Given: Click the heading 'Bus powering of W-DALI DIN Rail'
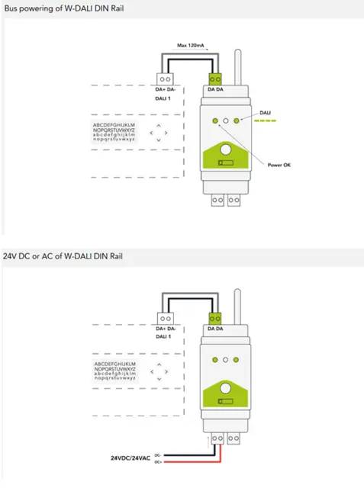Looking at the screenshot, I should [x=63, y=8].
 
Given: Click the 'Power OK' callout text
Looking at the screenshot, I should [x=279, y=164].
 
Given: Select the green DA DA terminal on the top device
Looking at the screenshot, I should [x=214, y=78].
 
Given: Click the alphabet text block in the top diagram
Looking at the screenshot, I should [x=114, y=132].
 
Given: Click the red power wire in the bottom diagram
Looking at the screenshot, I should [x=191, y=462].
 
